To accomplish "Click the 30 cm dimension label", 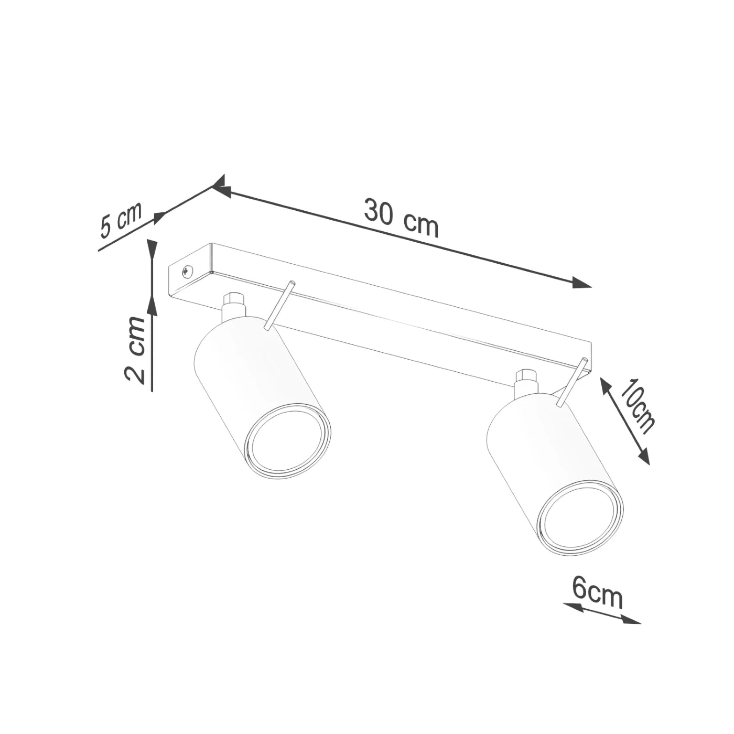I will click(x=401, y=218).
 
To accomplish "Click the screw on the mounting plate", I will click(x=187, y=271).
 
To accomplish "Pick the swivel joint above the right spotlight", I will click(x=525, y=382).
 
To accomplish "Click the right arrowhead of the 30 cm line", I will click(x=582, y=284).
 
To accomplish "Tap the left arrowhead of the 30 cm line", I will click(x=221, y=190).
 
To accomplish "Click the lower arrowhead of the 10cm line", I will click(x=644, y=457).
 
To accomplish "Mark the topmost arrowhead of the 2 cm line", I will click(x=152, y=248).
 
